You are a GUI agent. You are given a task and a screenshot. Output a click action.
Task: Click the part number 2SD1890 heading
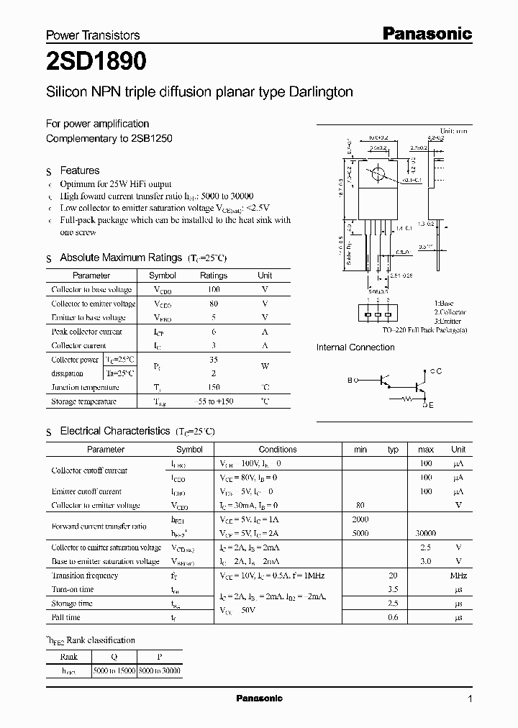point(96,63)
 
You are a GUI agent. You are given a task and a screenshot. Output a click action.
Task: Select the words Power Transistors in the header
point(93,35)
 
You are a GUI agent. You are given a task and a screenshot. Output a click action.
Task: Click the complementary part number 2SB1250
point(152,138)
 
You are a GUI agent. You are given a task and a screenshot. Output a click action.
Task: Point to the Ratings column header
point(213,276)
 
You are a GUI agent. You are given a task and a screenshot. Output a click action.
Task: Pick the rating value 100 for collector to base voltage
point(213,289)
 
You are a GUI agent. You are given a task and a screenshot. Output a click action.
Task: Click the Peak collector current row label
point(86,332)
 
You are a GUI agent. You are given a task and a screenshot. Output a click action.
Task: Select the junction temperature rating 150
point(213,387)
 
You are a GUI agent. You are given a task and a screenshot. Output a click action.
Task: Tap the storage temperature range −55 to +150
point(213,401)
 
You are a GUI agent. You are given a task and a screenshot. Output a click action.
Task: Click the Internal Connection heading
point(355,347)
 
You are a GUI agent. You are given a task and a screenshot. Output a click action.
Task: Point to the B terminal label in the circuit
point(350,380)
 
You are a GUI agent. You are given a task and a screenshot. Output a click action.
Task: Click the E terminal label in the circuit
point(431,405)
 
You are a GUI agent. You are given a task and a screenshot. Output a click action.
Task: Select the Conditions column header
point(277,450)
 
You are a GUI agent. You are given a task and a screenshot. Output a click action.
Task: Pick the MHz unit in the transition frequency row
point(458,575)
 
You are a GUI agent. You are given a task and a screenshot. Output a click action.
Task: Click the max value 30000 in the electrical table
point(425,534)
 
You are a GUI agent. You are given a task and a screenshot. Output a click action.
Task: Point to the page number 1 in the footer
point(470,699)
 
